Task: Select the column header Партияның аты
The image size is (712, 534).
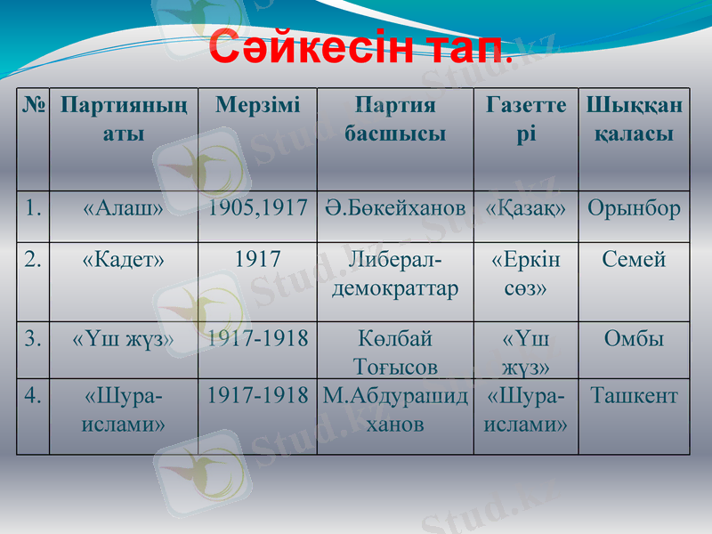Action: (123, 120)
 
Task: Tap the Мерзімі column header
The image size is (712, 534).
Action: (257, 106)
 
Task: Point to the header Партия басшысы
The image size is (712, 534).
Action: (394, 120)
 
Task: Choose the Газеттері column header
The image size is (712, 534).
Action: (525, 120)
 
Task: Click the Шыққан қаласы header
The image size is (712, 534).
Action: (634, 120)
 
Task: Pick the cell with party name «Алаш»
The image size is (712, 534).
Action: (123, 209)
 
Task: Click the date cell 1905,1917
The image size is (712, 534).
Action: (257, 209)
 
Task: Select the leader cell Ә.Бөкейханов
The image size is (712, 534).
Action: (394, 209)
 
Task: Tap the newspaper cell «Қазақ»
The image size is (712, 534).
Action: (525, 209)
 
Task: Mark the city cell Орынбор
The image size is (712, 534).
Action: (634, 209)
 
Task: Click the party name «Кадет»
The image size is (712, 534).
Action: (123, 261)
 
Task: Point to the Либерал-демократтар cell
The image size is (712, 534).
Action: (394, 275)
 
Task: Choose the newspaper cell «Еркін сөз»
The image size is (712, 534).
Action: (525, 275)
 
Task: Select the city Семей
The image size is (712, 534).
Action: (634, 261)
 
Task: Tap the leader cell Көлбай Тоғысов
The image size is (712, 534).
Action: (394, 352)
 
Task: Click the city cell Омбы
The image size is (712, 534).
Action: (634, 339)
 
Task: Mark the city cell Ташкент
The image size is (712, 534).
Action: (634, 395)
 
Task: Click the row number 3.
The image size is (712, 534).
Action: (33, 339)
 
